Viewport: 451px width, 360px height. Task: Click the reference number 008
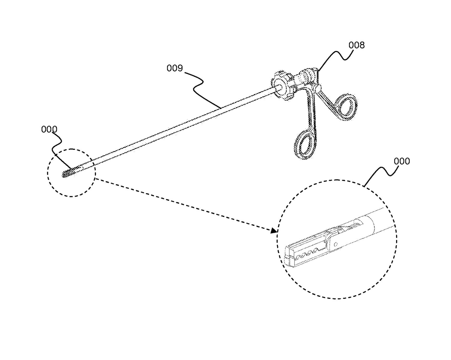point(356,45)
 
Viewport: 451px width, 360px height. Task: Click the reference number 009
point(175,68)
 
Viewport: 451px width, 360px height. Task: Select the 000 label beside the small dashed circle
point(49,129)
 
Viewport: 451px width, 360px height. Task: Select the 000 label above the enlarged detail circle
point(402,161)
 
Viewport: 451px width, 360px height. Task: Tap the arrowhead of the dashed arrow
point(274,231)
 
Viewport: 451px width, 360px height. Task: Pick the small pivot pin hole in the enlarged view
point(336,244)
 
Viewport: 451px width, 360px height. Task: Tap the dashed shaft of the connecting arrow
point(182,204)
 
